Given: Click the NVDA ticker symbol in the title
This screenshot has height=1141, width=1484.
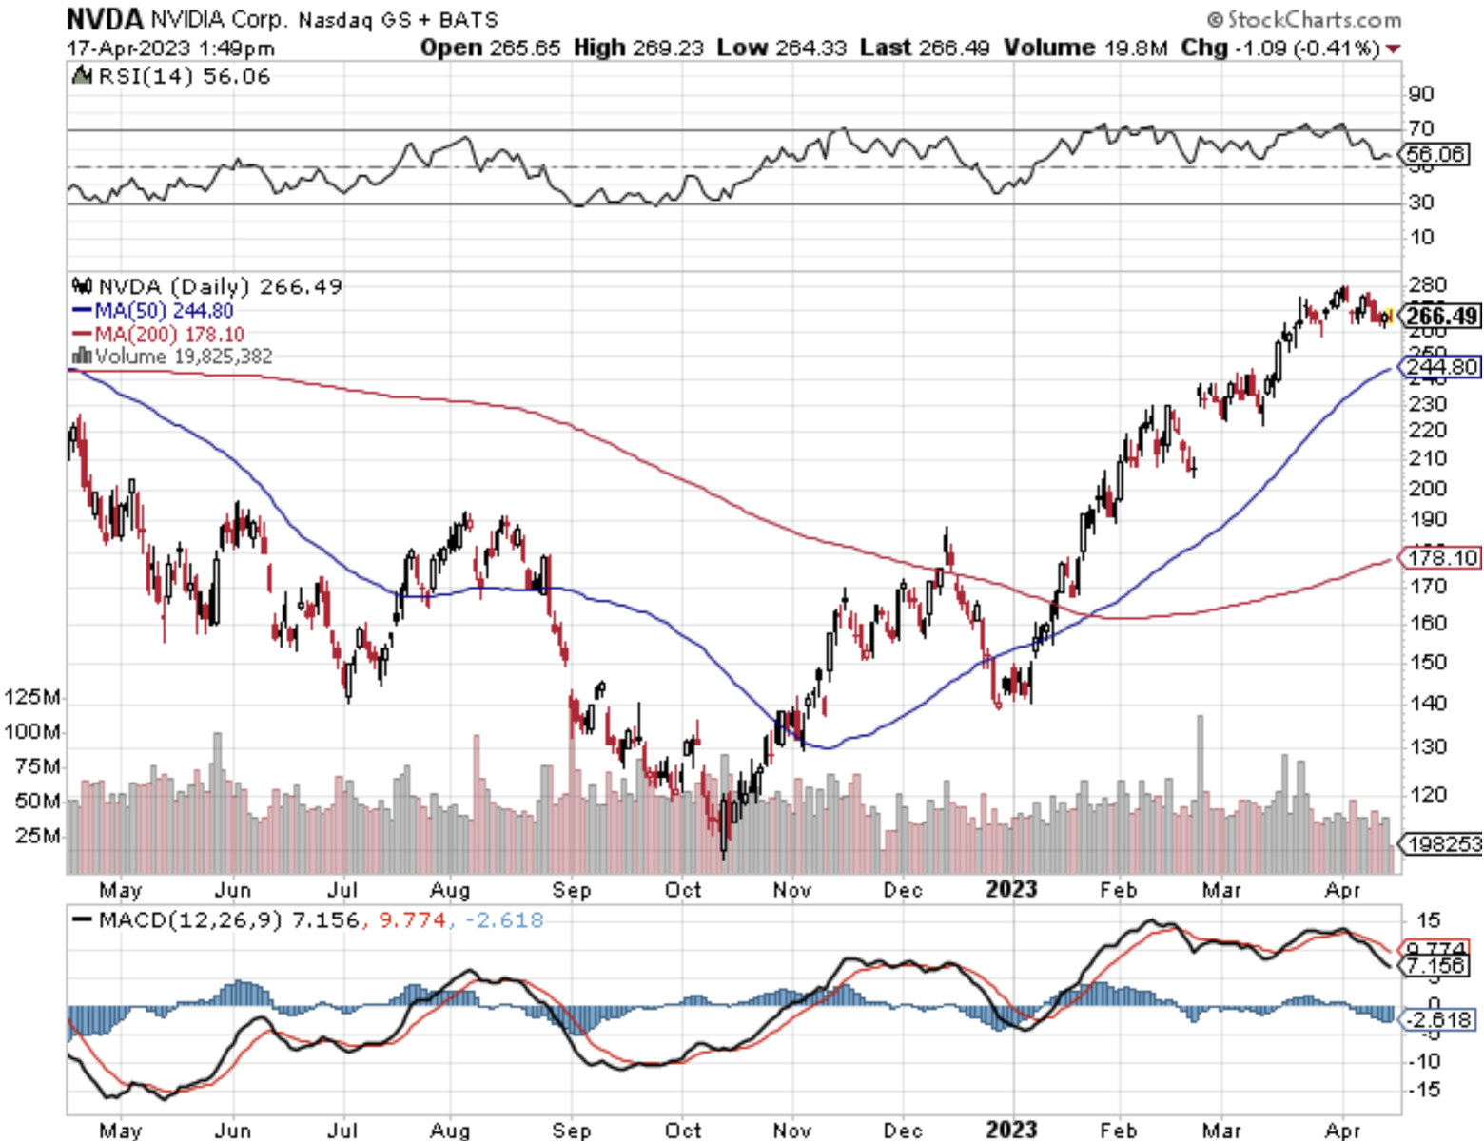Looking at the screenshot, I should click(x=105, y=18).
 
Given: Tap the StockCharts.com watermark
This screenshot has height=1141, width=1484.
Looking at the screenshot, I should click(x=1304, y=19).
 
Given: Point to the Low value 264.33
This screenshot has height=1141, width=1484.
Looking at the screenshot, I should click(x=810, y=48).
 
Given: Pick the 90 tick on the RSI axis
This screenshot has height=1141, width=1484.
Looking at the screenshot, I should click(x=1421, y=94).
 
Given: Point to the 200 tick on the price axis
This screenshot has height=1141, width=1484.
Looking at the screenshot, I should click(x=1427, y=488).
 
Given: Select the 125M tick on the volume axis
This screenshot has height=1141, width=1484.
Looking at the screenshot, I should click(x=32, y=697).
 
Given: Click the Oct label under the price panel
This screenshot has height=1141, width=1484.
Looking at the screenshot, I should click(x=682, y=890).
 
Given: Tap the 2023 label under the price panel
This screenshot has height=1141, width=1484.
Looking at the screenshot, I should click(x=1011, y=890).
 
